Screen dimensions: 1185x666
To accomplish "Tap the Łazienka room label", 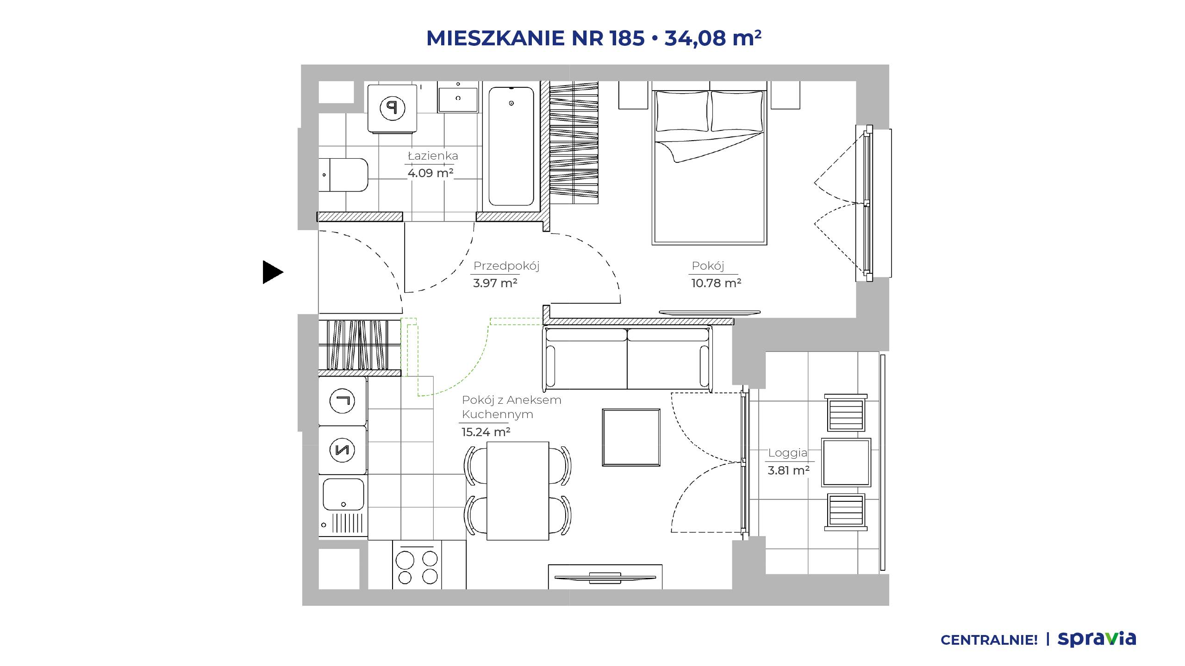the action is tap(433, 156).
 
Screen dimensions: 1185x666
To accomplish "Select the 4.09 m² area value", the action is tap(430, 173).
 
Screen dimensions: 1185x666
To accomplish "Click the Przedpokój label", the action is tap(506, 266).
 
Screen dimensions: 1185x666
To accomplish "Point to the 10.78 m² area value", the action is tap(716, 283).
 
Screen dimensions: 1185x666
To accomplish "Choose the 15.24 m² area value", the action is tap(486, 432).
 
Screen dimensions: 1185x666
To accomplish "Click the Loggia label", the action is tap(788, 453).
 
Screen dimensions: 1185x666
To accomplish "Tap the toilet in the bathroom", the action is tap(343, 175).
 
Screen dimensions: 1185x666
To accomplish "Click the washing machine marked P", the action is tap(393, 108).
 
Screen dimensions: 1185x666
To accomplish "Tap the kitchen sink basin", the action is tap(343, 494).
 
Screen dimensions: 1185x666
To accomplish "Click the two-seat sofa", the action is tap(627, 358).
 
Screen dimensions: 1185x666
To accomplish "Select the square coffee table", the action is tap(631, 437).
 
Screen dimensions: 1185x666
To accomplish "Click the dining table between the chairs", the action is tap(518, 491).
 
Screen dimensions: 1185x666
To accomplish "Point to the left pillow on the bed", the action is tap(682, 111).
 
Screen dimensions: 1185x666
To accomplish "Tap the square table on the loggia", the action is tap(846, 462).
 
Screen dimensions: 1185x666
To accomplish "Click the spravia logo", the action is tap(1097, 639).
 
